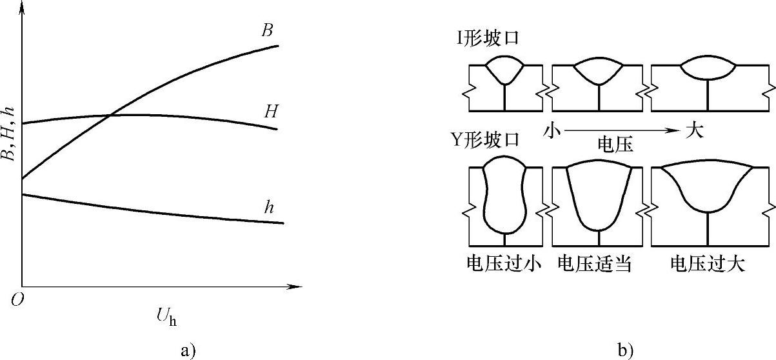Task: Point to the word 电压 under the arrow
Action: pos(614,145)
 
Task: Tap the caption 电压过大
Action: pos(708,264)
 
